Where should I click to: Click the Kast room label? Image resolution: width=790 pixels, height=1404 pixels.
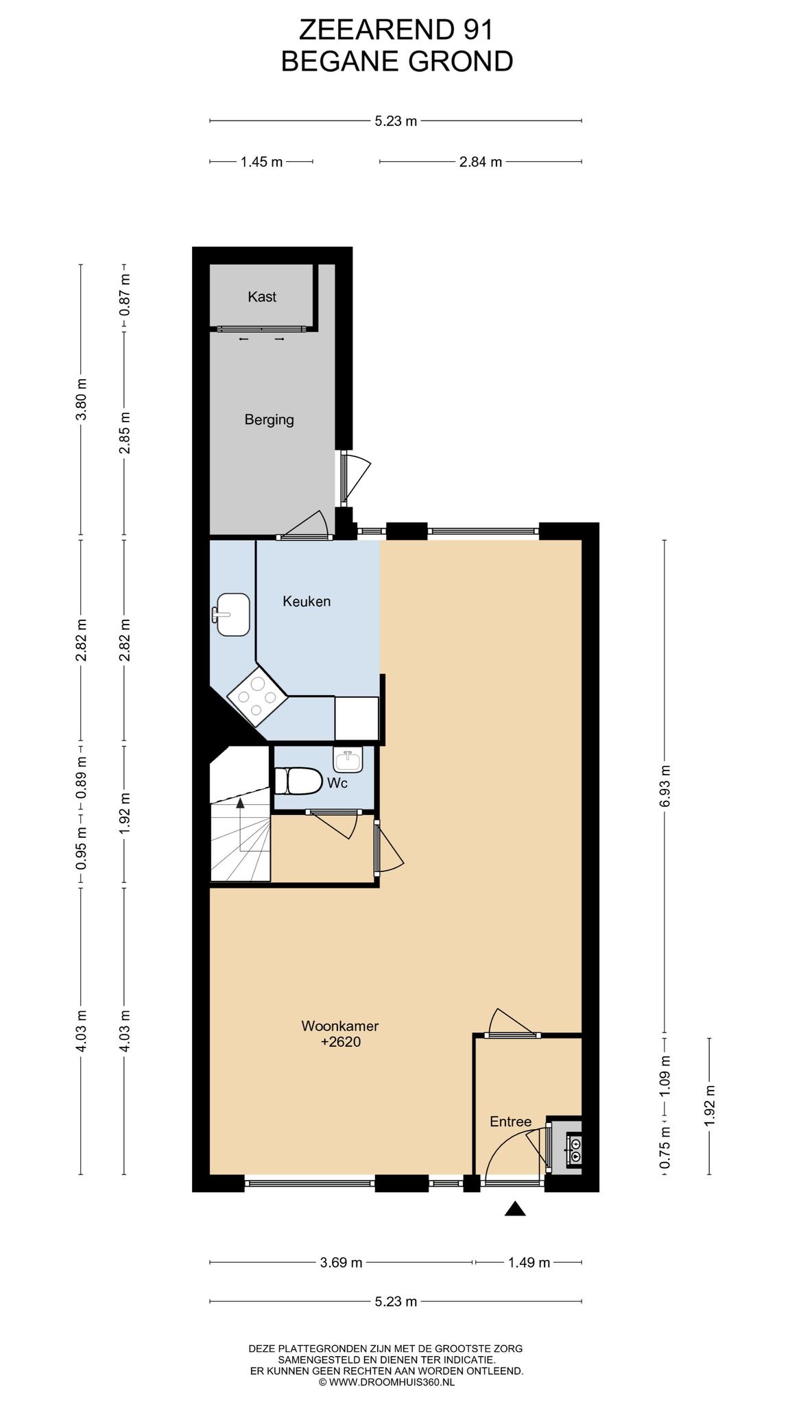pyautogui.click(x=262, y=297)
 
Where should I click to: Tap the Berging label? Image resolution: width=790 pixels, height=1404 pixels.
pyautogui.click(x=269, y=420)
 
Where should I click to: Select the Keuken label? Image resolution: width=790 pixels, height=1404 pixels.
pyautogui.click(x=307, y=601)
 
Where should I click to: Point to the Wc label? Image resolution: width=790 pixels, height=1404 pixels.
pyautogui.click(x=337, y=783)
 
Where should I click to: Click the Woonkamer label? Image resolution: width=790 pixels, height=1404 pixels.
pyautogui.click(x=340, y=1026)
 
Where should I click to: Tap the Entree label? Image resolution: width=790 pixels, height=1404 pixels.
pyautogui.click(x=510, y=1122)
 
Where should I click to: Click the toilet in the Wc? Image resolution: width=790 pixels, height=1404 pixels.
pyautogui.click(x=298, y=780)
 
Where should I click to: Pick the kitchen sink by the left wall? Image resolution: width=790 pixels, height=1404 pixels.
pyautogui.click(x=230, y=614)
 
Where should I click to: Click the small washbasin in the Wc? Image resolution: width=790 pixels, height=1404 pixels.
pyautogui.click(x=348, y=759)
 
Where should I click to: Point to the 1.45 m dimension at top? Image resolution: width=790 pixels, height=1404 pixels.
pyautogui.click(x=261, y=162)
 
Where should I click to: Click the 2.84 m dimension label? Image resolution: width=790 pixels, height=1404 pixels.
pyautogui.click(x=481, y=162)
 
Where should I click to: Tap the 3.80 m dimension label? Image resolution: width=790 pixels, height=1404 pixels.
pyautogui.click(x=81, y=399)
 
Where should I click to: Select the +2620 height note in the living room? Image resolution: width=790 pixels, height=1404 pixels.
pyautogui.click(x=340, y=1042)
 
